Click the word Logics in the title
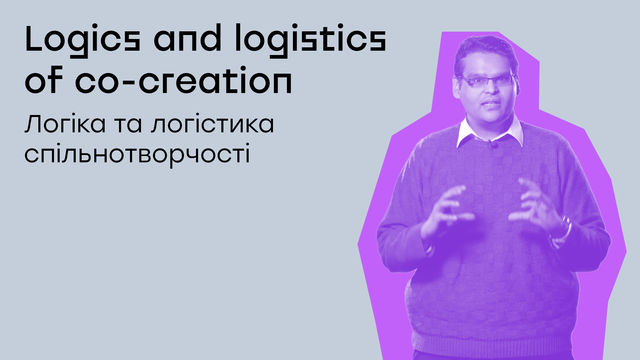click(x=83, y=40)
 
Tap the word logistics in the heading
click(x=310, y=40)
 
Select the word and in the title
click(x=187, y=38)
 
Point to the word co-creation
click(x=184, y=81)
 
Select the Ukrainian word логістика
click(x=212, y=124)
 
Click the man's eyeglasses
click(x=488, y=81)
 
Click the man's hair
click(x=485, y=51)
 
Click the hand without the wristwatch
click(x=445, y=210)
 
